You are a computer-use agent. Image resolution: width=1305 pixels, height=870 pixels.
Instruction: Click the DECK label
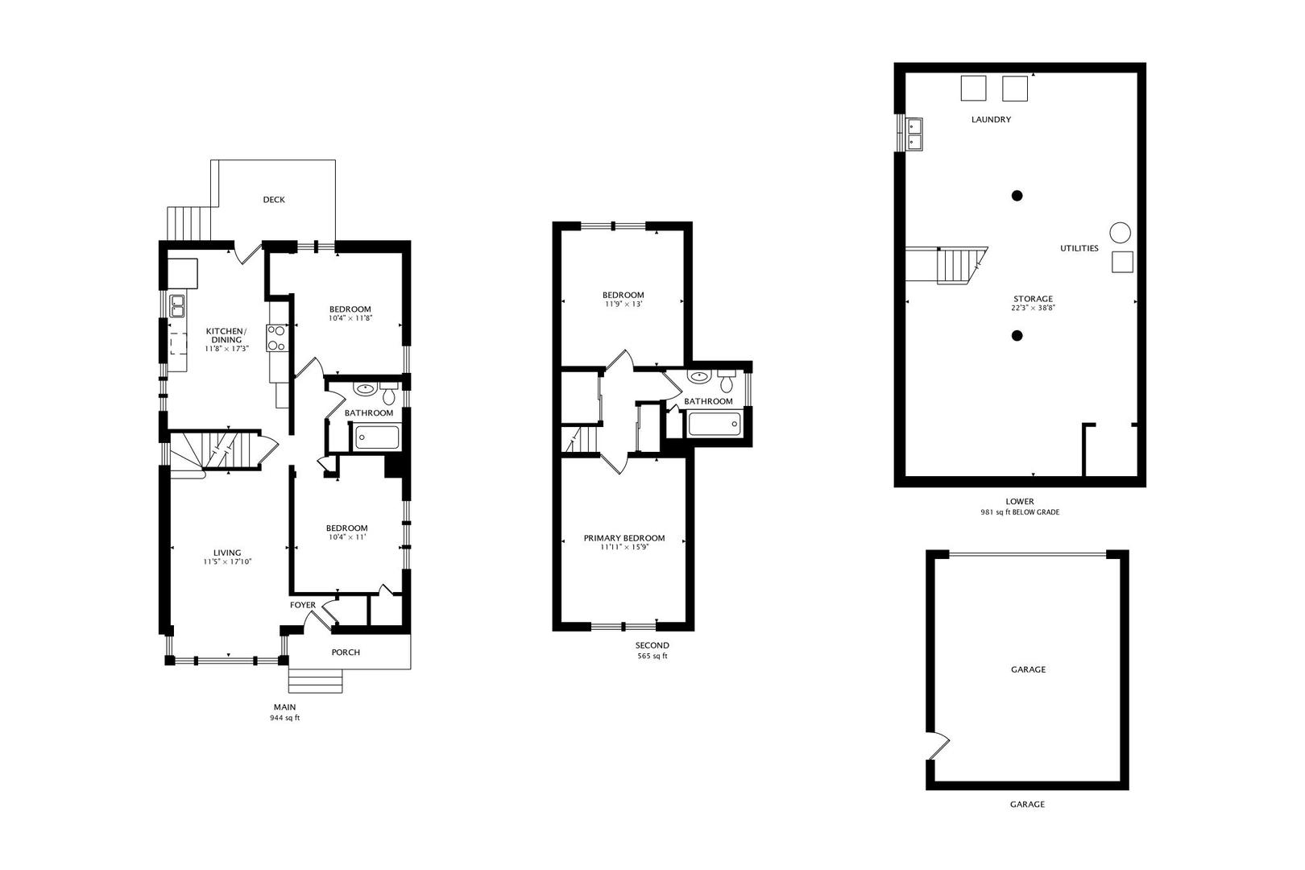click(274, 200)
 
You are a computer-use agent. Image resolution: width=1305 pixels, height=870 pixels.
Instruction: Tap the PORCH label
click(346, 652)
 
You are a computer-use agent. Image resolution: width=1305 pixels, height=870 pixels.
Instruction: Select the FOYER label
click(302, 605)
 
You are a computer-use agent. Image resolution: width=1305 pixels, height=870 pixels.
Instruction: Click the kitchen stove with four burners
click(277, 338)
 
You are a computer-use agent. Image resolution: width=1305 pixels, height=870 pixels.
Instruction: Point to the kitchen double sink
click(177, 306)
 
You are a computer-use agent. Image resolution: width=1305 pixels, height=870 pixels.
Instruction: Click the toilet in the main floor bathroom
click(388, 393)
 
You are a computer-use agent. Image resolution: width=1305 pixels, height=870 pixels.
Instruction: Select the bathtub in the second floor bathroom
click(715, 424)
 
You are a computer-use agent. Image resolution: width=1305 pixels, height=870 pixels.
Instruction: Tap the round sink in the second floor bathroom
click(698, 376)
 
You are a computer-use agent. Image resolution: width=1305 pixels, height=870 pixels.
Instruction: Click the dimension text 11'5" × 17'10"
click(227, 562)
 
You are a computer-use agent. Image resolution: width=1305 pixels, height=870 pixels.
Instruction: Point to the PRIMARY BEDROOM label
click(624, 538)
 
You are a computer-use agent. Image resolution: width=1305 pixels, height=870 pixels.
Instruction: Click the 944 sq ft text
click(284, 718)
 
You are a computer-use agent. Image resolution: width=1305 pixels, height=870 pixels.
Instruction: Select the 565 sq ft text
click(652, 657)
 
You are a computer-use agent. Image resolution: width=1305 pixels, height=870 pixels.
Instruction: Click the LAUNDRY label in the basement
click(991, 119)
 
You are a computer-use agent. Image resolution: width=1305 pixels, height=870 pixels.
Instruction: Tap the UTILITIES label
click(1079, 248)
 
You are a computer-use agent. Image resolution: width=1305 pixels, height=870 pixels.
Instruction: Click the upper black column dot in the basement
click(1017, 196)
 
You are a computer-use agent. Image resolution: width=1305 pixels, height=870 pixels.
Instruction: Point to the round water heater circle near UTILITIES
click(1120, 233)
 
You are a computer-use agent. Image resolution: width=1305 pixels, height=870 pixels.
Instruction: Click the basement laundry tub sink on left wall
click(913, 134)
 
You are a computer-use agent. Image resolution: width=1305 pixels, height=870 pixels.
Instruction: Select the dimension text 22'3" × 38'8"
click(1033, 309)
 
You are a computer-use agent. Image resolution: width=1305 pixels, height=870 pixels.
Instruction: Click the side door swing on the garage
click(938, 746)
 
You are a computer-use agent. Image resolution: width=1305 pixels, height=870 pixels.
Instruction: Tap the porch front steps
click(315, 681)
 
